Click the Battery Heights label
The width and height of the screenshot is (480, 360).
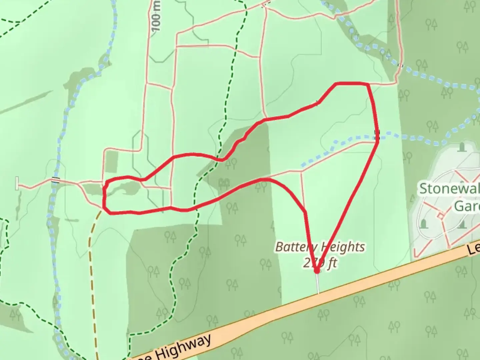tap(319, 247)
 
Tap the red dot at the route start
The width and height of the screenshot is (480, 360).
tap(317, 271)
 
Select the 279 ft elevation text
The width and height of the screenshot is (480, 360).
tap(319, 263)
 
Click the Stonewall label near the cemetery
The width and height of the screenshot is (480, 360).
tap(449, 189)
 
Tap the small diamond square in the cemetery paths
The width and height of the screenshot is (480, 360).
tap(441, 216)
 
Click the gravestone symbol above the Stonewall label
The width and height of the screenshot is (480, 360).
tap(462, 147)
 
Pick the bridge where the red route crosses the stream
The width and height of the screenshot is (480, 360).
tap(377, 134)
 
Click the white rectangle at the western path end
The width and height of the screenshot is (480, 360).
tap(17, 184)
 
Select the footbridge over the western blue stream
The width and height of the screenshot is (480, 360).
tap(55, 181)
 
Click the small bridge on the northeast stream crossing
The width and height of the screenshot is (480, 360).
tap(400, 66)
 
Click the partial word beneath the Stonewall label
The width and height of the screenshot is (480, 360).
tap(467, 206)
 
